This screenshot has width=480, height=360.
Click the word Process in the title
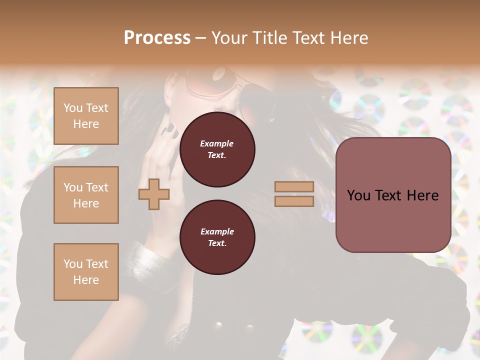[157, 37]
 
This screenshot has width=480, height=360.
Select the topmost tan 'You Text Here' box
[86, 116]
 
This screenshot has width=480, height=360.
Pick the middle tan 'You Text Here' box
[86, 195]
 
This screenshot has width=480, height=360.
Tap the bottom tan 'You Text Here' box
[86, 271]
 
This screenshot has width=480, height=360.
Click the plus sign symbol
[153, 194]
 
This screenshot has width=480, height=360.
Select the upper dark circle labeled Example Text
[217, 149]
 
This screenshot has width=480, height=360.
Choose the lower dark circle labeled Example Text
[217, 237]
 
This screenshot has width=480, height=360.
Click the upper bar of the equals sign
[294, 187]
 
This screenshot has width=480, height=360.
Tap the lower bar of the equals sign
[294, 201]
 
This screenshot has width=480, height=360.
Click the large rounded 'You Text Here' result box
[393, 195]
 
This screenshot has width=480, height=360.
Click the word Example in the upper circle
[217, 143]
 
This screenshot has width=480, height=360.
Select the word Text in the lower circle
[217, 243]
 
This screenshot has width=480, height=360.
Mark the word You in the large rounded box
[359, 195]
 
